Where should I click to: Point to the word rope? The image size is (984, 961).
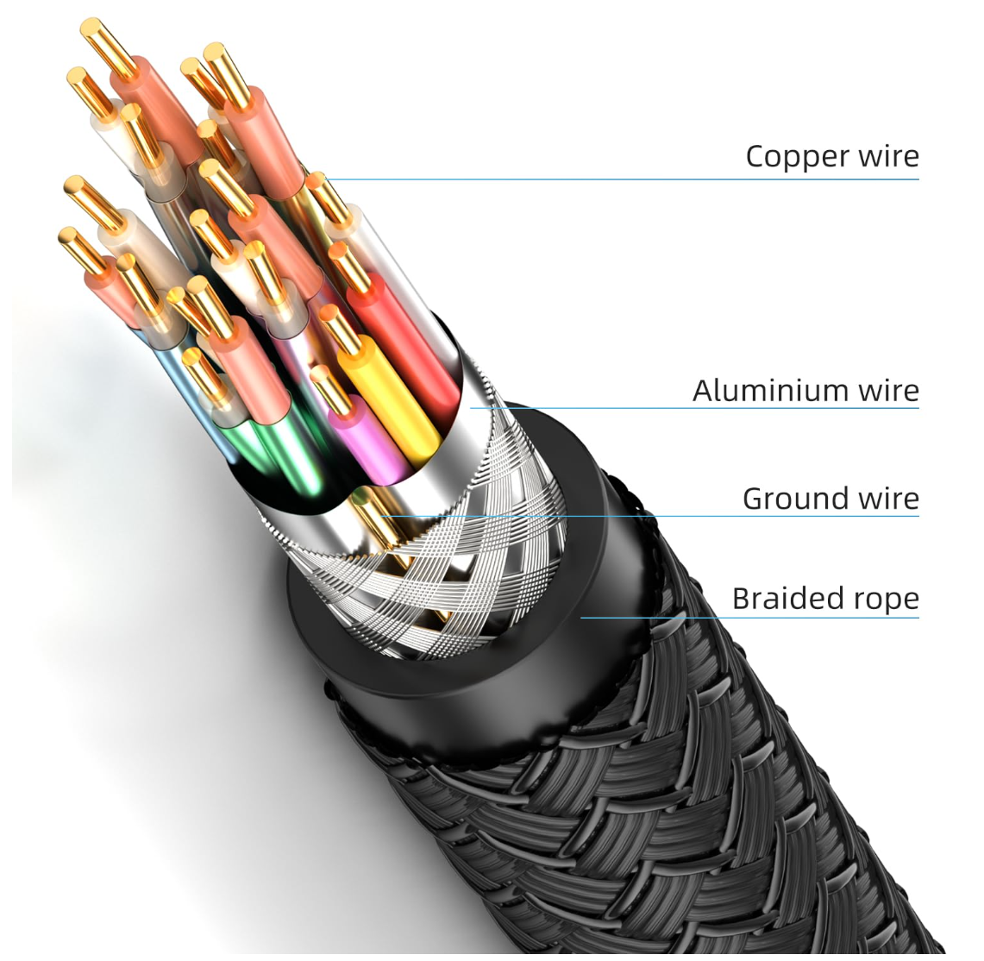(888, 601)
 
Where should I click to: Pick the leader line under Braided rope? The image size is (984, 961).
(750, 618)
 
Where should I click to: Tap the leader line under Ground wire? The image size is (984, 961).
(649, 517)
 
